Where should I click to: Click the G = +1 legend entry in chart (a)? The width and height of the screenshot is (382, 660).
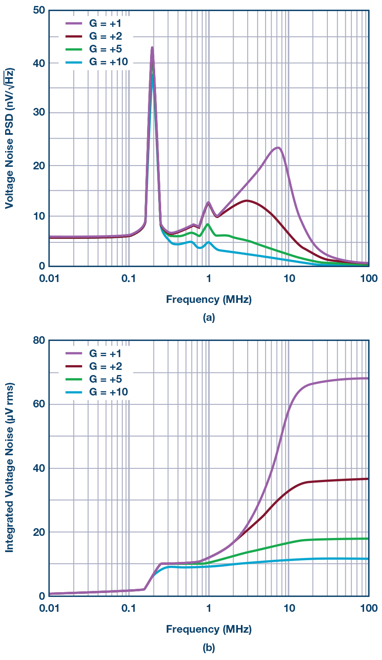tap(95, 23)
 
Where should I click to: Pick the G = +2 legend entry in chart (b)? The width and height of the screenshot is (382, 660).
tap(95, 366)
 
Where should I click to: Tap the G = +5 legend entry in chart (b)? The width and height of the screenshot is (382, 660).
tap(95, 379)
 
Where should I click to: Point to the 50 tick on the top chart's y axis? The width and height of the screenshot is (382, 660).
tap(39, 10)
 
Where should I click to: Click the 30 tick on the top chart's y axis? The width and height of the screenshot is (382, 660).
tap(39, 113)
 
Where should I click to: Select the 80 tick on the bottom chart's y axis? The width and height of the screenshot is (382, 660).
tap(39, 340)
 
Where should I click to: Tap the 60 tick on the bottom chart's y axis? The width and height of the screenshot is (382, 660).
tap(39, 404)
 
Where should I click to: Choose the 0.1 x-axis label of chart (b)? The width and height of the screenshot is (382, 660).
tap(128, 608)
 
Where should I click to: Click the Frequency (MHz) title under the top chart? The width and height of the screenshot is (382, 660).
tap(208, 299)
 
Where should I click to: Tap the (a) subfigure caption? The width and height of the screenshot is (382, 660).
tap(208, 318)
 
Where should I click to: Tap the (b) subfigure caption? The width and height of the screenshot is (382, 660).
tap(208, 648)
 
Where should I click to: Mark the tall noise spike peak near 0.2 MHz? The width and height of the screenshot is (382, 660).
tap(152, 47)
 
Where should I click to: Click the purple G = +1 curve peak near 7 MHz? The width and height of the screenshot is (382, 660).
tap(278, 148)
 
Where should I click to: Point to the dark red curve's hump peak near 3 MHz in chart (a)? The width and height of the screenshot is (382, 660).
tap(246, 200)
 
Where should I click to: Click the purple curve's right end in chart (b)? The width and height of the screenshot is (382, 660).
tap(368, 378)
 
